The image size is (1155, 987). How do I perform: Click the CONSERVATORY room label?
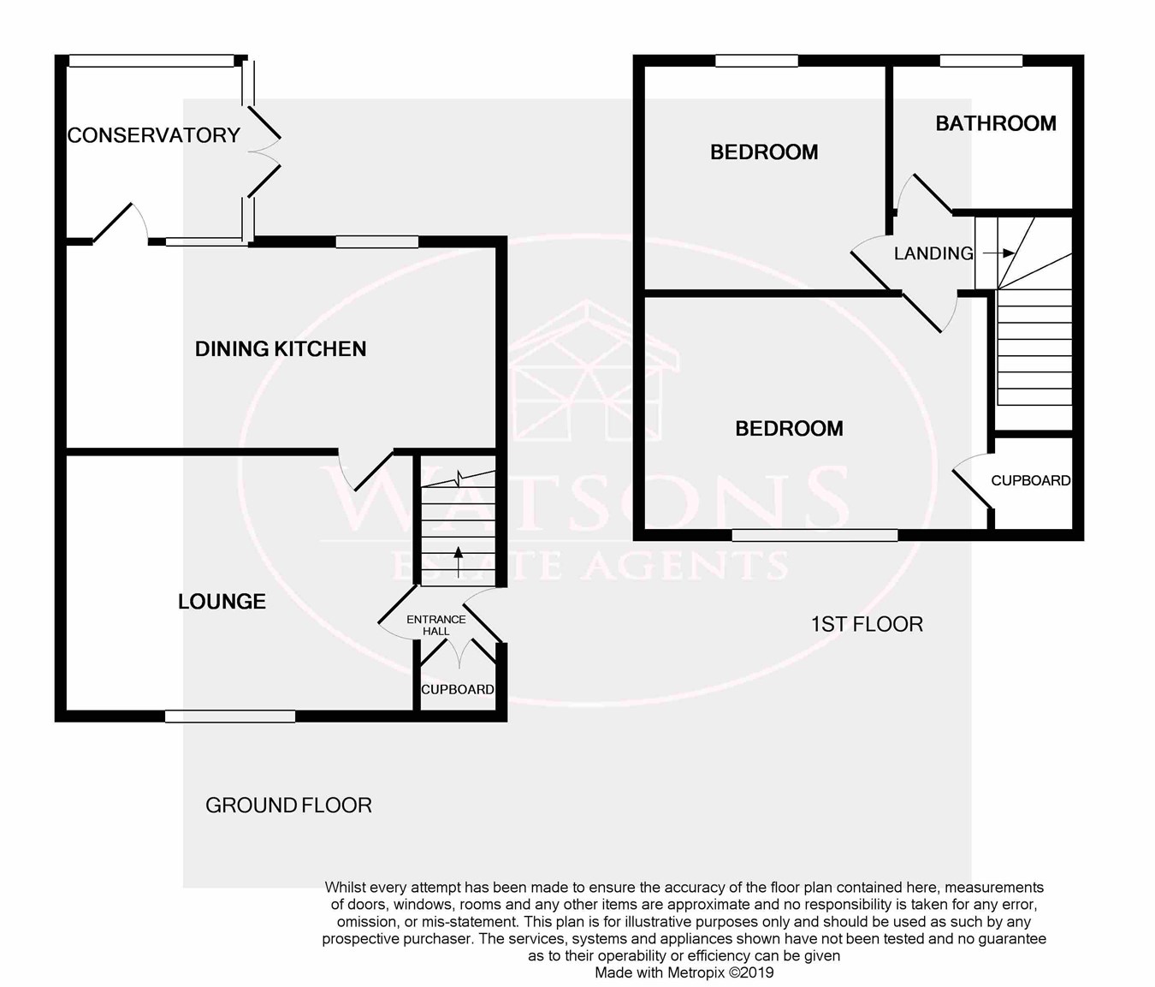154,135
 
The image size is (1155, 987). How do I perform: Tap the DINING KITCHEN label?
281,349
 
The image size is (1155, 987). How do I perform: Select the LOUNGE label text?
222,602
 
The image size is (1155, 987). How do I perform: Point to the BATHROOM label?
996,123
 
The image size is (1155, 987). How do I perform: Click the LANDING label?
933,253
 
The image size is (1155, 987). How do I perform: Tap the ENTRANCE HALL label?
435,625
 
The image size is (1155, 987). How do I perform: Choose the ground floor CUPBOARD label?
457,689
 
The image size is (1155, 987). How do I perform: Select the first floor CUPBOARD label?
1031,480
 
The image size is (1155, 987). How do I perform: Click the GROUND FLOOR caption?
288,806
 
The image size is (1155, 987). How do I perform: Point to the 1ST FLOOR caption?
867,624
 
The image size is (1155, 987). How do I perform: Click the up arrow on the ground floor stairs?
459,562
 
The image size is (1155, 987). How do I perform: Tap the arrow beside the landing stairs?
999,253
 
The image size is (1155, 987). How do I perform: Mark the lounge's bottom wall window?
230,716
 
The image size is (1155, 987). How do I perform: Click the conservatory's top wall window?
151,61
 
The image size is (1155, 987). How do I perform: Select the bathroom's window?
981,61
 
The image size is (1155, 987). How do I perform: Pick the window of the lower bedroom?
814,535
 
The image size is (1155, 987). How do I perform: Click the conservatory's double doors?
264,151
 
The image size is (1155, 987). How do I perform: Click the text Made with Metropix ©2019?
684,972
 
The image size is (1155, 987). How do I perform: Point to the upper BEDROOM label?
764,152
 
